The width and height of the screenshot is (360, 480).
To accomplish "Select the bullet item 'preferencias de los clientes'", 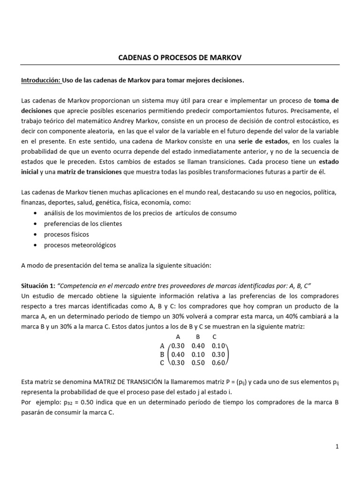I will tap(82, 224).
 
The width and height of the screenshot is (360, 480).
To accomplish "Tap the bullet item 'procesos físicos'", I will tap(66, 234).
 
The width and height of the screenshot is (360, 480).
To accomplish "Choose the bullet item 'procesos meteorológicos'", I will tap(80, 245).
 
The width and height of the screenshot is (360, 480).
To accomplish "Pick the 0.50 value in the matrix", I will tap(198, 362).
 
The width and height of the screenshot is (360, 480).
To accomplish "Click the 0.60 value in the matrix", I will tap(218, 362).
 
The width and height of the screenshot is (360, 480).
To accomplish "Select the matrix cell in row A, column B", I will tap(198, 345).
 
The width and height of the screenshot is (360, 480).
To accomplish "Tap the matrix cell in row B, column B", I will tap(198, 354).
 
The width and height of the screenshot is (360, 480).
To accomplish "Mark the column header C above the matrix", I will tap(214, 337).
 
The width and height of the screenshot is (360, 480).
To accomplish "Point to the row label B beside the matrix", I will tap(162, 354).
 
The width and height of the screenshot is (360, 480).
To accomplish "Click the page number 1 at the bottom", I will tap(337, 447).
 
